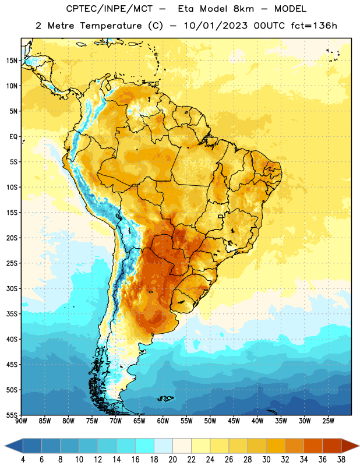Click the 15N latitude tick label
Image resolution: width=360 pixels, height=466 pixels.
tap(12, 61)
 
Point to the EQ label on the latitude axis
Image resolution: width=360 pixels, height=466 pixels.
tap(13, 137)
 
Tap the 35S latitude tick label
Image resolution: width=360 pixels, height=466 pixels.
tap(12, 314)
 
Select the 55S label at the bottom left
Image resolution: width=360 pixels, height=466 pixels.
tap(12, 415)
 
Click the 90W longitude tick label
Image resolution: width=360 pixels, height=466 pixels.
tap(21, 421)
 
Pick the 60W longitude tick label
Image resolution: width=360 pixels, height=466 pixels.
tap(163, 421)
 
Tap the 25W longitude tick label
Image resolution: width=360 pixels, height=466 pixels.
tap(328, 421)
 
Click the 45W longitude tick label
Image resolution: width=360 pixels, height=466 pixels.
tap(234, 421)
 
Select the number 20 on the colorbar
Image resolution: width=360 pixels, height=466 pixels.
tap(172, 460)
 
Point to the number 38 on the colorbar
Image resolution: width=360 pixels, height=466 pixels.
tap(341, 460)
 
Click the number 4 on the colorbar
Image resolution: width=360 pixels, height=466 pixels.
tap(23, 460)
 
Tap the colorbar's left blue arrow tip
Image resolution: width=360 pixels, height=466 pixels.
tap(5, 446)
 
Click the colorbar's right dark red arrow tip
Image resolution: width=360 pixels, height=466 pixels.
tap(359, 446)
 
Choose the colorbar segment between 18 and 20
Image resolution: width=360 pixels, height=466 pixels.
tap(163, 446)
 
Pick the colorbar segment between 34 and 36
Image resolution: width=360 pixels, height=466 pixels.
tap(313, 446)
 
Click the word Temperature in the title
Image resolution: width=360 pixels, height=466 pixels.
tap(111, 26)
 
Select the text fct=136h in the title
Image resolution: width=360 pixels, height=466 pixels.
tap(314, 26)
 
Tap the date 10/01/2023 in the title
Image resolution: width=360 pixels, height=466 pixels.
tap(216, 26)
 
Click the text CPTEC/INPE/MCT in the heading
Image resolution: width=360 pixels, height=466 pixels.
tap(110, 9)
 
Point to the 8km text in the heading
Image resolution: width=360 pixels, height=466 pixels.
tap(243, 9)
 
